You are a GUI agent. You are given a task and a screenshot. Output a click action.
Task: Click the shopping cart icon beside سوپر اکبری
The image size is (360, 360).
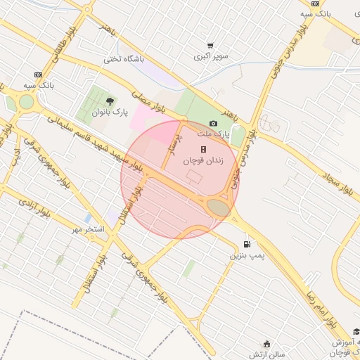(210, 45)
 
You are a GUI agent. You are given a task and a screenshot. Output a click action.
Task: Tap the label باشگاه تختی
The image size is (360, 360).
(124, 59)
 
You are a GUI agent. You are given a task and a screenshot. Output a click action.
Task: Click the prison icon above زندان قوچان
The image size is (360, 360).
(203, 149)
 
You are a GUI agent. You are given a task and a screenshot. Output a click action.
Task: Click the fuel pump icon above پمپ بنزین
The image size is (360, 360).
(246, 244)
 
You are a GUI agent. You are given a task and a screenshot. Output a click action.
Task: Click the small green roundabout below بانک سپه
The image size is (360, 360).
(26, 102)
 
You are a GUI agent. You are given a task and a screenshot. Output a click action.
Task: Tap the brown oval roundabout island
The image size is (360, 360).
(219, 207)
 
